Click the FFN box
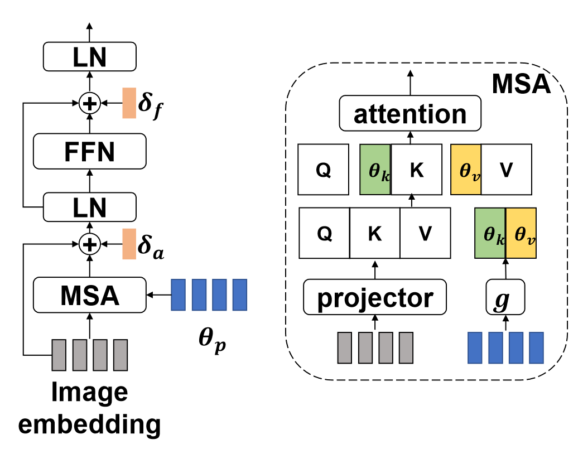tap(89, 152)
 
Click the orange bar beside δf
tap(129, 103)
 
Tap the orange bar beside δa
tap(129, 243)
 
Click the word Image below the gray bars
tap(89, 393)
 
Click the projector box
tap(375, 298)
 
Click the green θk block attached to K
tap(375, 170)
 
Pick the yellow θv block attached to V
tap(466, 170)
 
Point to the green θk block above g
tap(490, 233)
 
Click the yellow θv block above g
tap(521, 233)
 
